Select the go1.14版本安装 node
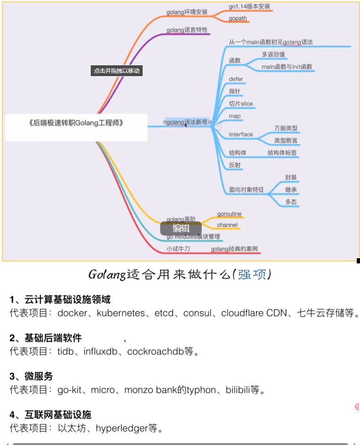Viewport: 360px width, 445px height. click(x=249, y=7)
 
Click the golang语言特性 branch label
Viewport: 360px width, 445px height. click(x=187, y=30)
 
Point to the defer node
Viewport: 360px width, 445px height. click(x=236, y=79)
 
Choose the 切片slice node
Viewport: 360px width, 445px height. click(x=240, y=104)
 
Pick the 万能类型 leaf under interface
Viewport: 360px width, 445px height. click(x=286, y=128)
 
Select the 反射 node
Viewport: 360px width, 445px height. click(x=235, y=165)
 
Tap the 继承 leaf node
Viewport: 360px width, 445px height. click(x=291, y=190)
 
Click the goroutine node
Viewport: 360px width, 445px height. click(x=229, y=214)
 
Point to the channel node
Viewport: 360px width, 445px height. click(x=227, y=225)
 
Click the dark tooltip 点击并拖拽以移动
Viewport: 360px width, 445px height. click(x=117, y=71)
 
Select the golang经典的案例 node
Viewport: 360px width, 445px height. click(x=234, y=249)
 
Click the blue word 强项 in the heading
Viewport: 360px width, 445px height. click(x=252, y=274)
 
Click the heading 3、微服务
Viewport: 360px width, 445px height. click(x=31, y=376)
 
